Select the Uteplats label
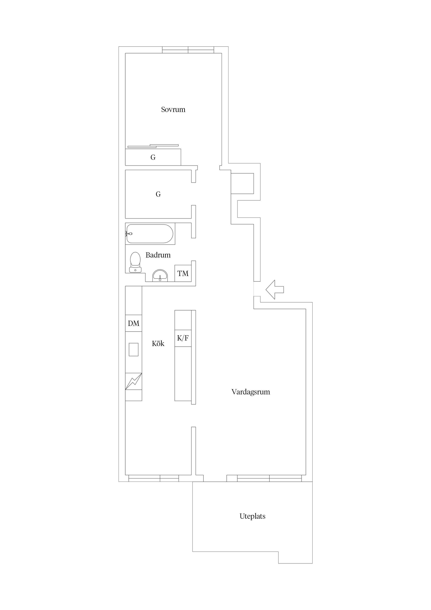253,516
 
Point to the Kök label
158,344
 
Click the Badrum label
158,255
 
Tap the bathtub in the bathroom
150,234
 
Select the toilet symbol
135,262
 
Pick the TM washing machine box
183,273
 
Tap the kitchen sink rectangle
134,349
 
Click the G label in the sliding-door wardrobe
153,157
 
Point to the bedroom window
188,50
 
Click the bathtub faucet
129,234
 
